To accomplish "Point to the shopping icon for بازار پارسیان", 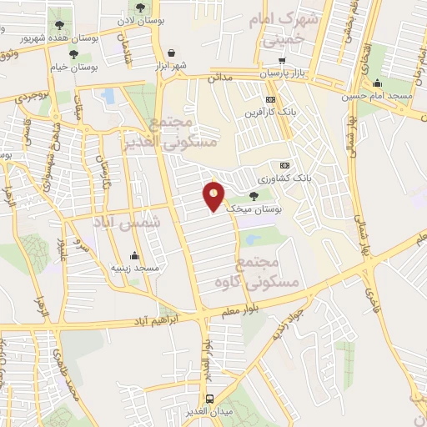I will point(282,60).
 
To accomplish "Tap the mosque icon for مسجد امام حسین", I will point(377,83).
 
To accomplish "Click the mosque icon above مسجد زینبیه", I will point(134,255).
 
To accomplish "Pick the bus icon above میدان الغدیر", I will point(209,399).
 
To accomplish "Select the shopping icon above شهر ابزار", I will point(171,52).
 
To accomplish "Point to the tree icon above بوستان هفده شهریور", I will point(58,25).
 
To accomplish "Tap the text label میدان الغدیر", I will point(209,412).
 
